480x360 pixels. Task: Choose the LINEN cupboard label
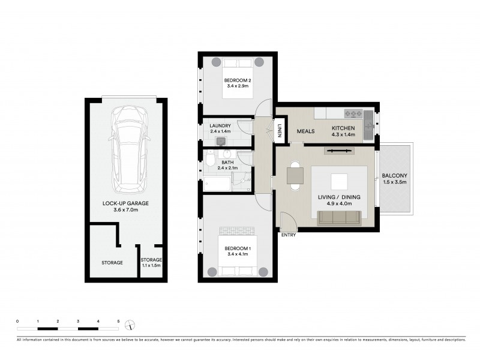click(x=280, y=130)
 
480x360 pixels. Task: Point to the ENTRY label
click(x=288, y=235)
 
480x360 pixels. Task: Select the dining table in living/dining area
click(x=295, y=176)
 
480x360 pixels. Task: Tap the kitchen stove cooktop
click(x=353, y=113)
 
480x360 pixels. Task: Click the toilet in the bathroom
click(x=210, y=160)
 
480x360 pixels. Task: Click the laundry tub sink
click(x=221, y=140)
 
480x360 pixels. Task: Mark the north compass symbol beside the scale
click(x=130, y=325)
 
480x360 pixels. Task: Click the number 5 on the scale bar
click(x=118, y=322)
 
